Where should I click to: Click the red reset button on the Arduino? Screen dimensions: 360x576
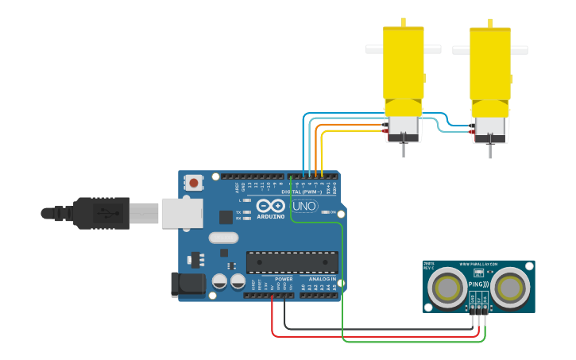(194, 184)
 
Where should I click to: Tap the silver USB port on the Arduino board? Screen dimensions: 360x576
(180, 213)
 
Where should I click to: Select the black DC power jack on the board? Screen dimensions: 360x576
(184, 285)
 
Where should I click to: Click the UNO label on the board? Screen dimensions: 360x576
(305, 206)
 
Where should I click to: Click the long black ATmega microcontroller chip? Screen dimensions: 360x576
(292, 262)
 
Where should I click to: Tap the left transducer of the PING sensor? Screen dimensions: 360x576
(448, 286)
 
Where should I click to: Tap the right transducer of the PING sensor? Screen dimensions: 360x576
(509, 286)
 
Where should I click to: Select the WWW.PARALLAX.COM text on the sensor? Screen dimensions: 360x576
(478, 264)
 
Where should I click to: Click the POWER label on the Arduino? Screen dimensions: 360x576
(284, 279)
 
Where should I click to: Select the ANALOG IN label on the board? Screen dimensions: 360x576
(322, 279)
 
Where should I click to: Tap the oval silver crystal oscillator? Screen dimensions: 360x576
(223, 237)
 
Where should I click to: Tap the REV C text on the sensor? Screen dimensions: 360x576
(429, 268)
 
